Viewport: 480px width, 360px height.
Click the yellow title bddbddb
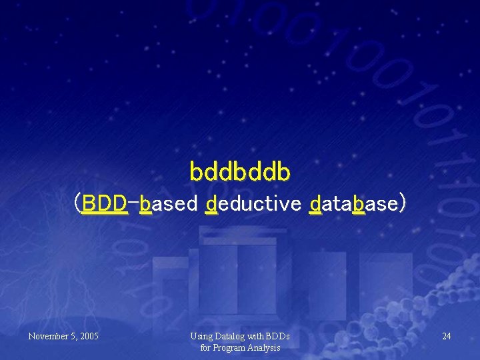[240, 171]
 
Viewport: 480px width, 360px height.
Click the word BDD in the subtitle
[105, 203]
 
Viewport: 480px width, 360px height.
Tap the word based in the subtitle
[169, 203]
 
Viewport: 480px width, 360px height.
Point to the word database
[353, 203]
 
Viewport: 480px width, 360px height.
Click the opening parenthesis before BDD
[78, 203]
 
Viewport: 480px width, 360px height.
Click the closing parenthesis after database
[401, 203]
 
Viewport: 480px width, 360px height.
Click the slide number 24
[446, 337]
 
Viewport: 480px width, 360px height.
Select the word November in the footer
[49, 337]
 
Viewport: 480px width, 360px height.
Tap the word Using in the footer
[201, 337]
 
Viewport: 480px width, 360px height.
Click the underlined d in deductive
[211, 203]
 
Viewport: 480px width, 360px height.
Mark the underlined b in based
[145, 203]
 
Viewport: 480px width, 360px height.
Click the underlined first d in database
[316, 203]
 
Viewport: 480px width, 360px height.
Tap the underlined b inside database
[359, 203]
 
